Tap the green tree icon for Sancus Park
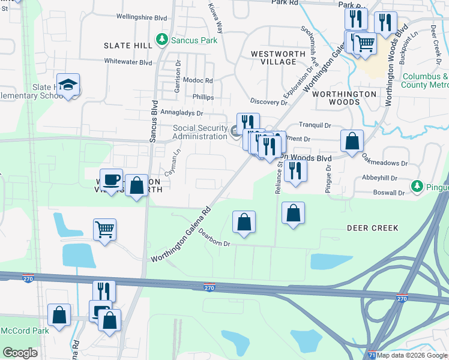pos(161,40)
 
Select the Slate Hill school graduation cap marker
pos(68,85)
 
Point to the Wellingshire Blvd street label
pos(141,18)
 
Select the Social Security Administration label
pos(200,132)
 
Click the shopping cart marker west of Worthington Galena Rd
pos(104,229)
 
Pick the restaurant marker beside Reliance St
pos(295,170)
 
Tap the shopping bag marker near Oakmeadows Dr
pos(352,142)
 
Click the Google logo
pos(20,353)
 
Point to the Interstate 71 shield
pos(372,355)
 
